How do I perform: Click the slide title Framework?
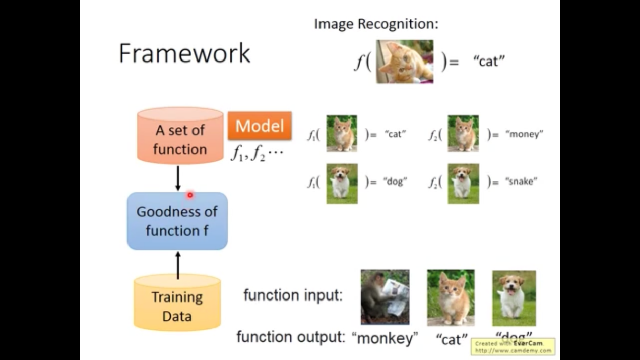(x=184, y=53)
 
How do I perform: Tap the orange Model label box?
(x=260, y=126)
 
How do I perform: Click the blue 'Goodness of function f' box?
(x=177, y=221)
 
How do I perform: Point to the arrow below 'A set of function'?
(x=178, y=178)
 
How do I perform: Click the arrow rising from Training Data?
(x=178, y=265)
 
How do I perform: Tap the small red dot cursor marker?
(x=190, y=195)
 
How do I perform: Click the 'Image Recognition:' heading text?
(x=376, y=24)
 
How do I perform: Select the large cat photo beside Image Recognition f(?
(x=405, y=62)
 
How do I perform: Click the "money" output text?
(x=524, y=134)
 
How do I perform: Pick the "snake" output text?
(x=521, y=182)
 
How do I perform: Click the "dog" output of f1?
(x=395, y=182)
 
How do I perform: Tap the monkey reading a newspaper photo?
(x=385, y=297)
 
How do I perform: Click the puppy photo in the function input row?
(x=514, y=297)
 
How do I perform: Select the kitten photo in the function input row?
(x=451, y=297)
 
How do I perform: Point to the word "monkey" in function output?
(x=387, y=338)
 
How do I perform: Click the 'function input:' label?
(x=293, y=295)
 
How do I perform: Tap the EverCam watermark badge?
(x=513, y=346)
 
